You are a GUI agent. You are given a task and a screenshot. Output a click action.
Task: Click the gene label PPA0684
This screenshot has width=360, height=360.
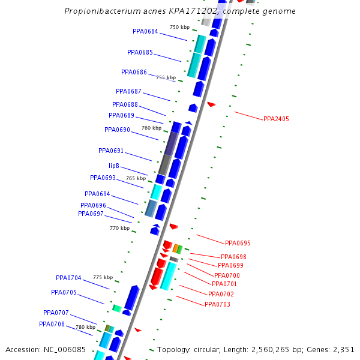coord(145,32)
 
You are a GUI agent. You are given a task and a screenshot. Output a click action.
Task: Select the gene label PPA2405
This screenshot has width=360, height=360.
coord(276,119)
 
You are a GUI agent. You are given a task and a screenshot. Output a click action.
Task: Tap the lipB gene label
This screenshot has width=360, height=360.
coord(113,166)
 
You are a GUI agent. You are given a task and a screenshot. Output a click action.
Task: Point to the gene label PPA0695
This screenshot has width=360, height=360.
coord(238,243)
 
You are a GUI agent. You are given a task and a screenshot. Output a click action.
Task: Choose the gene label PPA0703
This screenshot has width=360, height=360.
coord(217,304)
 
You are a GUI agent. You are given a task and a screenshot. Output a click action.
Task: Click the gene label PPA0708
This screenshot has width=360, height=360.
coord(52,324)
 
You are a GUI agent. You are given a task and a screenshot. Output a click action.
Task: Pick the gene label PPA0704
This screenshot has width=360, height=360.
coord(68,278)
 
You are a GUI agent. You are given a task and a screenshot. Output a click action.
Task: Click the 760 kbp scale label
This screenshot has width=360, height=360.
coord(151,128)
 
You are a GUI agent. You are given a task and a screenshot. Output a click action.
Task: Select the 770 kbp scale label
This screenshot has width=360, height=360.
coord(119,228)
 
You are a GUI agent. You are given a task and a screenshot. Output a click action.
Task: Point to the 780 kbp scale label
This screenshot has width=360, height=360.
coord(85,327)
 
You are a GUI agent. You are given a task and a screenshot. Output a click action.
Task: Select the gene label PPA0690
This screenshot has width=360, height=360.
coord(117,130)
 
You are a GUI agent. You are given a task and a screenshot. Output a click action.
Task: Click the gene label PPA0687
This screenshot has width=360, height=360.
coord(128,91)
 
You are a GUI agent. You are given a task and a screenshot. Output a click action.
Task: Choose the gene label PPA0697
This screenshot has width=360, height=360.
coord(91,214)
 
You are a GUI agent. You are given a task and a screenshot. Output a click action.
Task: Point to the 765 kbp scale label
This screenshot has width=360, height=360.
coord(136,178)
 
